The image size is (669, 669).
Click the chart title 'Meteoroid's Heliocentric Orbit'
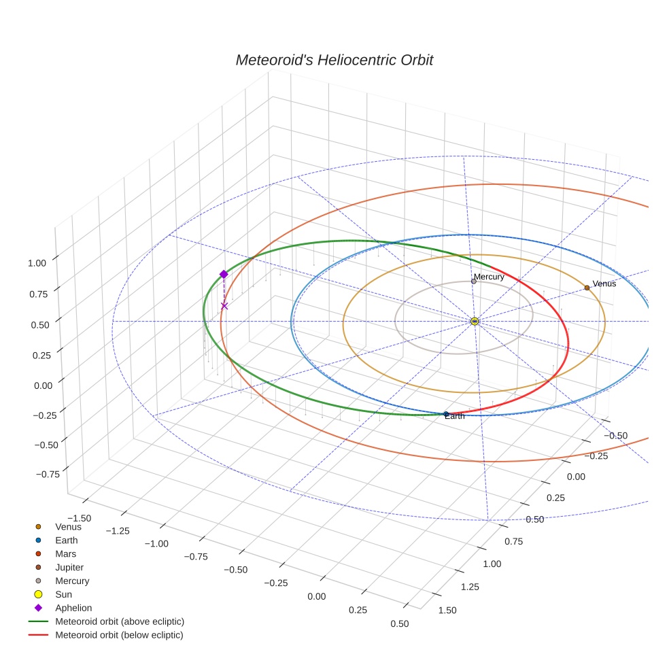pyautogui.click(x=334, y=60)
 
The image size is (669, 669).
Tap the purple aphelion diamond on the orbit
pyautogui.click(x=224, y=274)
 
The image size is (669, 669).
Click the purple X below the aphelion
pyautogui.click(x=224, y=306)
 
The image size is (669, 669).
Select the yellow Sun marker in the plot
pyautogui.click(x=475, y=321)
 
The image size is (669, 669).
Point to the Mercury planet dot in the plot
pyautogui.click(x=474, y=281)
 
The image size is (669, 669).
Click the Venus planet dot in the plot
pyautogui.click(x=587, y=288)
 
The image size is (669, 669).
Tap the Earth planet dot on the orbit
pyautogui.click(x=446, y=414)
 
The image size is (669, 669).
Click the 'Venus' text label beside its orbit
pyautogui.click(x=604, y=284)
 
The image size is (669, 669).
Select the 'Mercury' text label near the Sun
pyautogui.click(x=489, y=277)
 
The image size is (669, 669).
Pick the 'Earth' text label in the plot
pyautogui.click(x=455, y=416)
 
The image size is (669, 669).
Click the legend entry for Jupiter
pyautogui.click(x=69, y=567)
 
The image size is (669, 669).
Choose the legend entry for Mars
pyautogui.click(x=65, y=553)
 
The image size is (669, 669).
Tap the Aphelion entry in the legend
pyautogui.click(x=73, y=608)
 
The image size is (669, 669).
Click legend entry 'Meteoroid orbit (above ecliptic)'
pyautogui.click(x=120, y=621)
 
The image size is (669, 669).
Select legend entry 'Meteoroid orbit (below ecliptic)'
pyautogui.click(x=119, y=635)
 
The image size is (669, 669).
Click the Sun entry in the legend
pyautogui.click(x=63, y=594)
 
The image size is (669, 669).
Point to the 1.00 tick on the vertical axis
pyautogui.click(x=37, y=262)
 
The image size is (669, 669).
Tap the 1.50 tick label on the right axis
pyautogui.click(x=448, y=609)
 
